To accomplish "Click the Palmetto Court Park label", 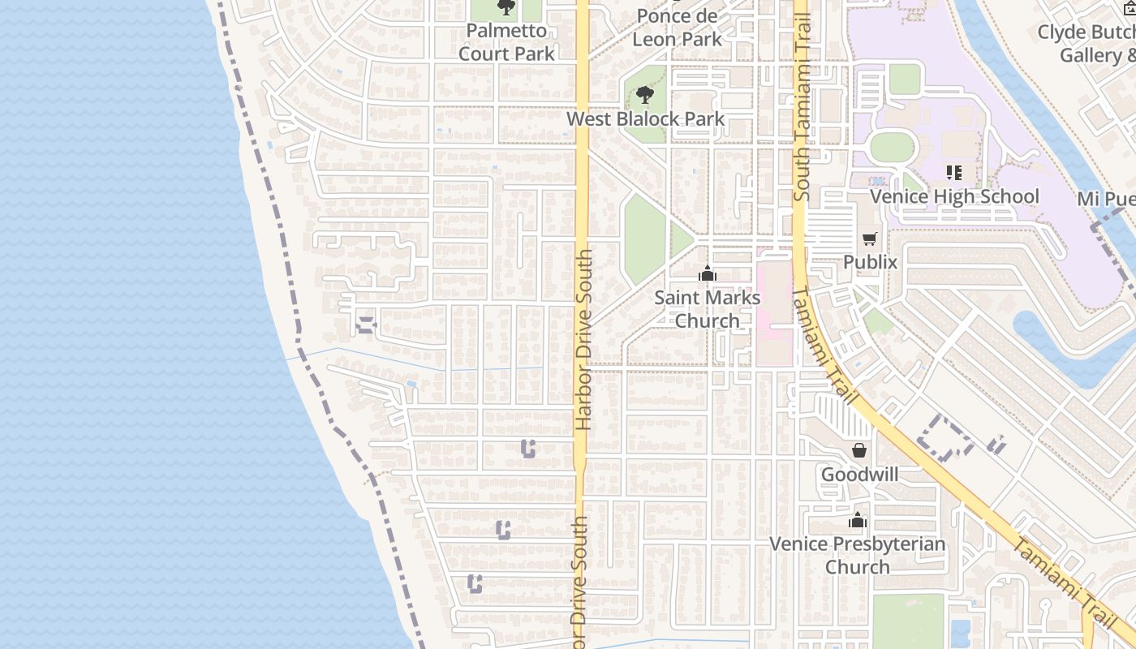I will point(506,42).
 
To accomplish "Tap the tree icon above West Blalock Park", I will point(645,96).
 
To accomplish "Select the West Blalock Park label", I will point(645,119).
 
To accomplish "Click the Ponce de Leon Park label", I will point(677,28).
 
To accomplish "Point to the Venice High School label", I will point(954,196).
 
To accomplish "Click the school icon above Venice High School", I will point(954,172).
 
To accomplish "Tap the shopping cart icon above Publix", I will point(870,239).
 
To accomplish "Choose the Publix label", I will point(870,262).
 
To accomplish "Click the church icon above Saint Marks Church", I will point(708,273).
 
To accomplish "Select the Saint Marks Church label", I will point(708,309).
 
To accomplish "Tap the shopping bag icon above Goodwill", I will point(859,449).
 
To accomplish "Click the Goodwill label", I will point(859,474).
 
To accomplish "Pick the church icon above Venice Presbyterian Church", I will point(858,520).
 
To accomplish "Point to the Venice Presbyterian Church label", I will point(858,555).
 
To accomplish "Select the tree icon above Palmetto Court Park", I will point(506,8).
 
